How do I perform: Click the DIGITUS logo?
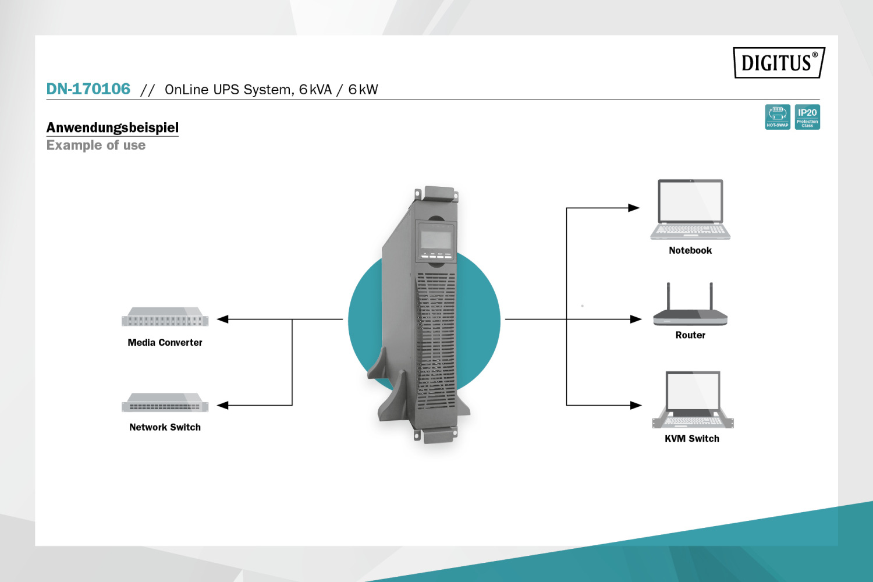(779, 62)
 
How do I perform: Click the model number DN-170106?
(88, 89)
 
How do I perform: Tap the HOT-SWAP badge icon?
(778, 116)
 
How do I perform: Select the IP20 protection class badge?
(807, 116)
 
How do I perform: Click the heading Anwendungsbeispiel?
(112, 127)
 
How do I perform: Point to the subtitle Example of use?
(96, 145)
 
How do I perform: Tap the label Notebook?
(690, 250)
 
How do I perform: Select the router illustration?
(690, 308)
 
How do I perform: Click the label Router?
(690, 335)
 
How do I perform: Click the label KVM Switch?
(692, 439)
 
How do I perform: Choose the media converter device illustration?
(165, 317)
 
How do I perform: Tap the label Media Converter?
(165, 343)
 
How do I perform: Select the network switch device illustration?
(165, 403)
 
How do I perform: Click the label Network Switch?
(165, 427)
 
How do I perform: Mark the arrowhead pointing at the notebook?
(634, 208)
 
